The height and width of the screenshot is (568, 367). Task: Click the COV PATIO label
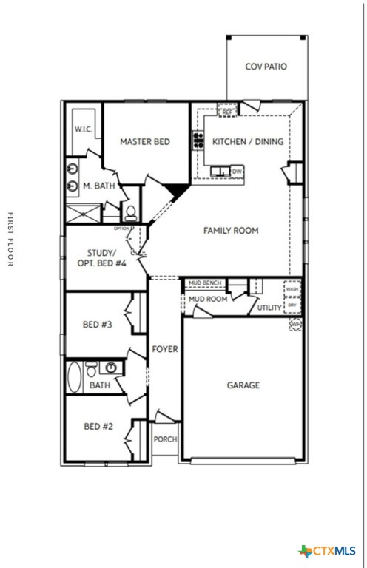(x=266, y=67)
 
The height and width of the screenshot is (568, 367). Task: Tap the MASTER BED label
(x=145, y=141)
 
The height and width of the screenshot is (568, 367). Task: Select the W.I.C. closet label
(x=82, y=129)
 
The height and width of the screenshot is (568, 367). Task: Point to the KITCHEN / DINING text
(x=247, y=141)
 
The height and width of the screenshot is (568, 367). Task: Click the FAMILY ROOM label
(x=231, y=231)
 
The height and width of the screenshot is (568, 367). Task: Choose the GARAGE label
(x=243, y=385)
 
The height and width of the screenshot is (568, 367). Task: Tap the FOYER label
(x=164, y=349)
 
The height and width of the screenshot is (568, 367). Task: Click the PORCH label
(x=165, y=439)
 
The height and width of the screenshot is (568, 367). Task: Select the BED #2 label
(x=98, y=426)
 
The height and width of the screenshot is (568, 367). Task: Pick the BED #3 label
(x=98, y=324)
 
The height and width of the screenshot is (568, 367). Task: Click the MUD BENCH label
(x=204, y=283)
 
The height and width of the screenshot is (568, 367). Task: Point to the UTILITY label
(x=269, y=307)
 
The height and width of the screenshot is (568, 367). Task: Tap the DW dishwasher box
(x=237, y=172)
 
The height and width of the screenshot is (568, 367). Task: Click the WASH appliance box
(x=292, y=289)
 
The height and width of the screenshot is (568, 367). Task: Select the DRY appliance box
(x=292, y=304)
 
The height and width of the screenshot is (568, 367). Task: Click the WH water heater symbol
(x=296, y=324)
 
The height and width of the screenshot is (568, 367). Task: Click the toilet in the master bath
(x=130, y=213)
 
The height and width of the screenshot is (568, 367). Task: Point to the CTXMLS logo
(x=327, y=551)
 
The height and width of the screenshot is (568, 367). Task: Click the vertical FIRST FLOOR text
(x=10, y=240)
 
